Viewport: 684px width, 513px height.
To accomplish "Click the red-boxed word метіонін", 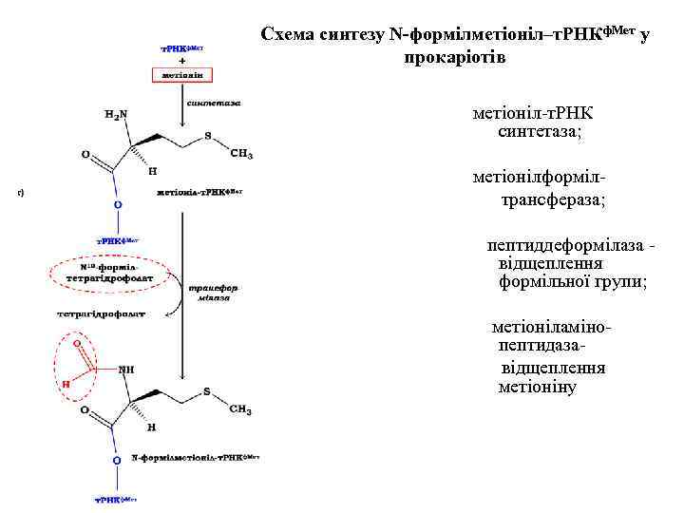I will tap(180, 73).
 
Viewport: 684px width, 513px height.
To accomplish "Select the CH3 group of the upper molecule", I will tap(241, 154).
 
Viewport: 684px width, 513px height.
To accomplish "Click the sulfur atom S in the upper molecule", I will tap(208, 136).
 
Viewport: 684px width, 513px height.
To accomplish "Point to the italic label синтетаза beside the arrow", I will tap(214, 102).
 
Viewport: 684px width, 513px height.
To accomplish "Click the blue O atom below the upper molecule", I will tap(118, 203).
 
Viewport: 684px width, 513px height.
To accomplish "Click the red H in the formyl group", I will tap(66, 385).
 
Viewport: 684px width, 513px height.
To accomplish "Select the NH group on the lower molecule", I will tap(126, 370).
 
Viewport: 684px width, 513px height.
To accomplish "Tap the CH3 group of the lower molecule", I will tap(240, 409).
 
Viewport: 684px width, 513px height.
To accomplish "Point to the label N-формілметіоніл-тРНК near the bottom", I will tap(194, 458).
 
